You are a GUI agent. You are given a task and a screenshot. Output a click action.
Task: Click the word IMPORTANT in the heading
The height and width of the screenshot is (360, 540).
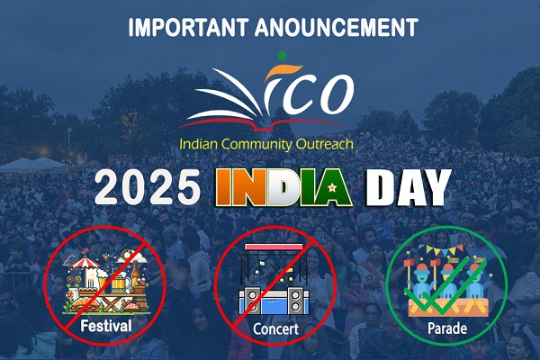tap(188, 27)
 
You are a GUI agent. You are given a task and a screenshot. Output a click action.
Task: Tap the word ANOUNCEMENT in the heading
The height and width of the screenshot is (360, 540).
tap(337, 27)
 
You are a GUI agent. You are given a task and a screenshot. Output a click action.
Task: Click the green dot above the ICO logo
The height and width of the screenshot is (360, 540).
tap(282, 55)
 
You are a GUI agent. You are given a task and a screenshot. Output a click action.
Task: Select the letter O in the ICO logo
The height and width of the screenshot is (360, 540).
tap(336, 94)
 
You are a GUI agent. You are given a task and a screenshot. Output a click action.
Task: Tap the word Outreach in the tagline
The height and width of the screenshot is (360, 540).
tap(325, 143)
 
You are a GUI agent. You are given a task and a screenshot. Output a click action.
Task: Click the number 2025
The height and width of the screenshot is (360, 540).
tap(148, 188)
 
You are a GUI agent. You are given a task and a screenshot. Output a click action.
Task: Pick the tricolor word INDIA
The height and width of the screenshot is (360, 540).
tap(283, 188)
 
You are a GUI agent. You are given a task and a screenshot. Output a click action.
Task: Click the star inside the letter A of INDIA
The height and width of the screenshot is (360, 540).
tap(332, 188)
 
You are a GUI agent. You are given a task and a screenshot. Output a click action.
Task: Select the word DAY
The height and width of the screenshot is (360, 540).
tap(408, 188)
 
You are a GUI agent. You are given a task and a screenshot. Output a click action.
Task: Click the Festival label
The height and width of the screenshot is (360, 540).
tap(106, 326)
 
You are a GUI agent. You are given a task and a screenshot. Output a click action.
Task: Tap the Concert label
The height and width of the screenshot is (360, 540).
tap(276, 328)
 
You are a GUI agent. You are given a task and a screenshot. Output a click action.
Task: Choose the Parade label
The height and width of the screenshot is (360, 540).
tap(447, 328)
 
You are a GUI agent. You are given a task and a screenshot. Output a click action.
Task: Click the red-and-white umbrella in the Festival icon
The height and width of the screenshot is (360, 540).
tap(85, 263)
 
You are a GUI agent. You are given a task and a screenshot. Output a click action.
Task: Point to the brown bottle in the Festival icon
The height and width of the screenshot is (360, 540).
tap(136, 274)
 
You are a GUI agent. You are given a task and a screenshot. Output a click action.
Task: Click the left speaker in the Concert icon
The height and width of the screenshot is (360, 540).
tap(252, 300)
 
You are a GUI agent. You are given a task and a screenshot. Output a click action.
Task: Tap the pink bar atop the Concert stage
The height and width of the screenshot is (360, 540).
tap(274, 247)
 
